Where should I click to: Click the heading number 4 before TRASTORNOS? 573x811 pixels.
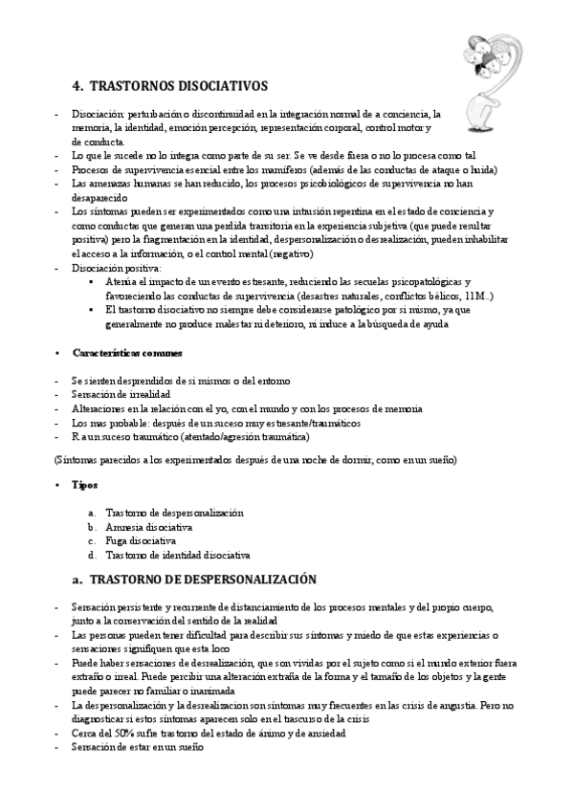(77, 85)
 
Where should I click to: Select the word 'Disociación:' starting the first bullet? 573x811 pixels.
(99, 113)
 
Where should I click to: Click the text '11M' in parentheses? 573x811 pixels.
(474, 296)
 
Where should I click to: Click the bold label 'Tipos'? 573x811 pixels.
(84, 485)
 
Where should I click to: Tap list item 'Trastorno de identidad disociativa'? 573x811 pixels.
(177, 555)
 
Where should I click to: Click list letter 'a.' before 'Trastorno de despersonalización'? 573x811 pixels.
(91, 513)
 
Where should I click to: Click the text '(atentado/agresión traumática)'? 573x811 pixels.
(241, 436)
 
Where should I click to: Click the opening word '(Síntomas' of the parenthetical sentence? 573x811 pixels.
(76, 460)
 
